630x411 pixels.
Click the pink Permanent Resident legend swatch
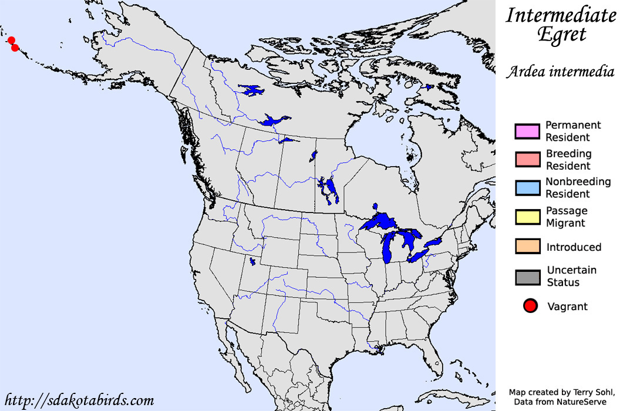pyautogui.click(x=527, y=132)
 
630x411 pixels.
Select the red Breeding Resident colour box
pyautogui.click(x=527, y=160)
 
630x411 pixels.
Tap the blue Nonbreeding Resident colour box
pyautogui.click(x=527, y=188)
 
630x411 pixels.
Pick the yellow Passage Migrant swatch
pyautogui.click(x=527, y=217)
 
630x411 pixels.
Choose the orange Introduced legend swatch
pyautogui.click(x=527, y=247)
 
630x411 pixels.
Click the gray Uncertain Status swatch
pyautogui.click(x=527, y=277)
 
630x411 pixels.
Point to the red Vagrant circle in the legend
pyautogui.click(x=531, y=306)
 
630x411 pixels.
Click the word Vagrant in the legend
pyautogui.click(x=567, y=306)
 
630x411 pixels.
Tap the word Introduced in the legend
pyautogui.click(x=574, y=247)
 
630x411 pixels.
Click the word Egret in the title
pyautogui.click(x=562, y=35)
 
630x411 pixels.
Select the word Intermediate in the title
pyautogui.click(x=561, y=15)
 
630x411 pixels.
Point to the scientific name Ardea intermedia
pyautogui.click(x=561, y=72)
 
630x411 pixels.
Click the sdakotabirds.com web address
pyautogui.click(x=78, y=401)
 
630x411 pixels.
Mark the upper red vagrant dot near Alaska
pyautogui.click(x=11, y=40)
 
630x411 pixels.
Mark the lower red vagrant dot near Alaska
pyautogui.click(x=15, y=48)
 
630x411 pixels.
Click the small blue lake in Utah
pyautogui.click(x=252, y=261)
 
